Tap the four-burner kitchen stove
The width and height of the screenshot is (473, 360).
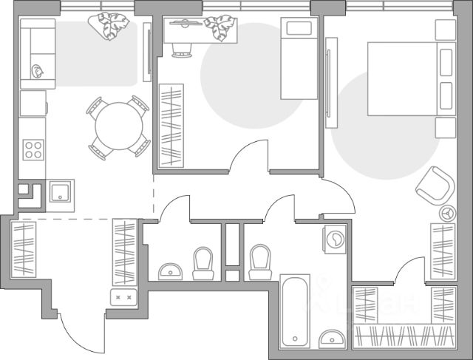tap(33, 149)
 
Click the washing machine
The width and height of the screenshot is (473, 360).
tap(335, 240)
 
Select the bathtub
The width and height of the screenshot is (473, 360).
tap(296, 311)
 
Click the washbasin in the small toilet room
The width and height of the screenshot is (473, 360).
tap(171, 271)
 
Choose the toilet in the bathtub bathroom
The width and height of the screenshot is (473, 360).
tap(259, 262)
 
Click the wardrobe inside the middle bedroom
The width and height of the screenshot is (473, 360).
tap(169, 126)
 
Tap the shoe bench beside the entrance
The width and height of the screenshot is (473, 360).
tap(123, 297)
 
